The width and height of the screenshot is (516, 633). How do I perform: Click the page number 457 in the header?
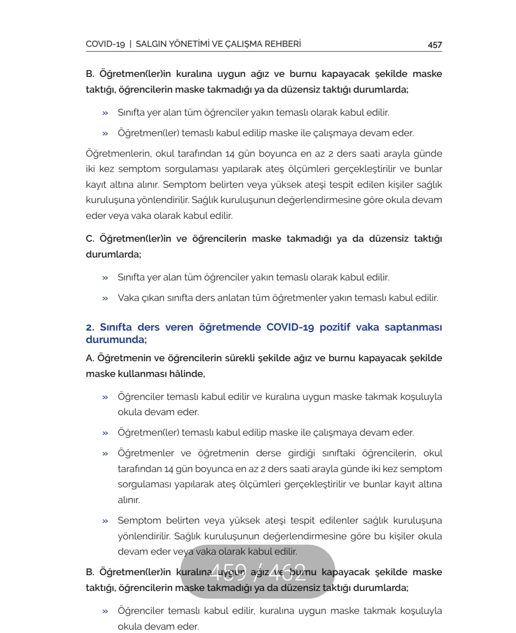pyautogui.click(x=434, y=44)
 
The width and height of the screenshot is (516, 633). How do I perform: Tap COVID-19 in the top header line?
pyautogui.click(x=105, y=44)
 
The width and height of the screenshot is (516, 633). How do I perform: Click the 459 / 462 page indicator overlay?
pyautogui.click(x=258, y=571)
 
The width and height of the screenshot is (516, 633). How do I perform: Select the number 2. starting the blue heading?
pyautogui.click(x=90, y=327)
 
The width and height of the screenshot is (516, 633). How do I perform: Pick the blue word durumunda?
pyautogui.click(x=116, y=340)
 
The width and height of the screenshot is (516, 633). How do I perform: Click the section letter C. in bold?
pyautogui.click(x=90, y=238)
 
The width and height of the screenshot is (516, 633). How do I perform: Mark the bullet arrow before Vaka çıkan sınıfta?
pyautogui.click(x=105, y=298)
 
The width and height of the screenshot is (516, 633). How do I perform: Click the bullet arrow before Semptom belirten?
pyautogui.click(x=105, y=521)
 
